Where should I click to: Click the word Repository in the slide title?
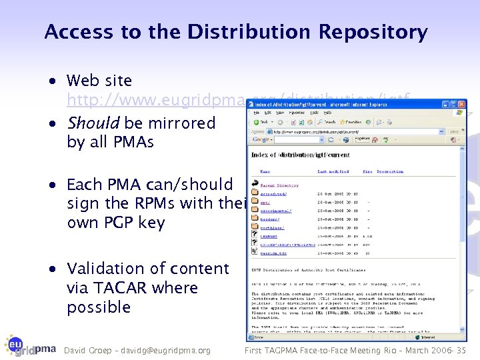pyautogui.click(x=373, y=32)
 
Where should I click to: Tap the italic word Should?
pyautogui.click(x=93, y=123)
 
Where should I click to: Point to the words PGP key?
pyautogui.click(x=133, y=222)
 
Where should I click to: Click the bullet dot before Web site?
pyautogui.click(x=53, y=81)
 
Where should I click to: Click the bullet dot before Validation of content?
pyautogui.click(x=53, y=269)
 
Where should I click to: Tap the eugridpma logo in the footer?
pyautogui.click(x=30, y=345)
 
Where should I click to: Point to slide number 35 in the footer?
pyautogui.click(x=460, y=350)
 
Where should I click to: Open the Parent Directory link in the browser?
pyautogui.click(x=279, y=185)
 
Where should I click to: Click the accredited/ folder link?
pyautogui.click(x=273, y=194)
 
